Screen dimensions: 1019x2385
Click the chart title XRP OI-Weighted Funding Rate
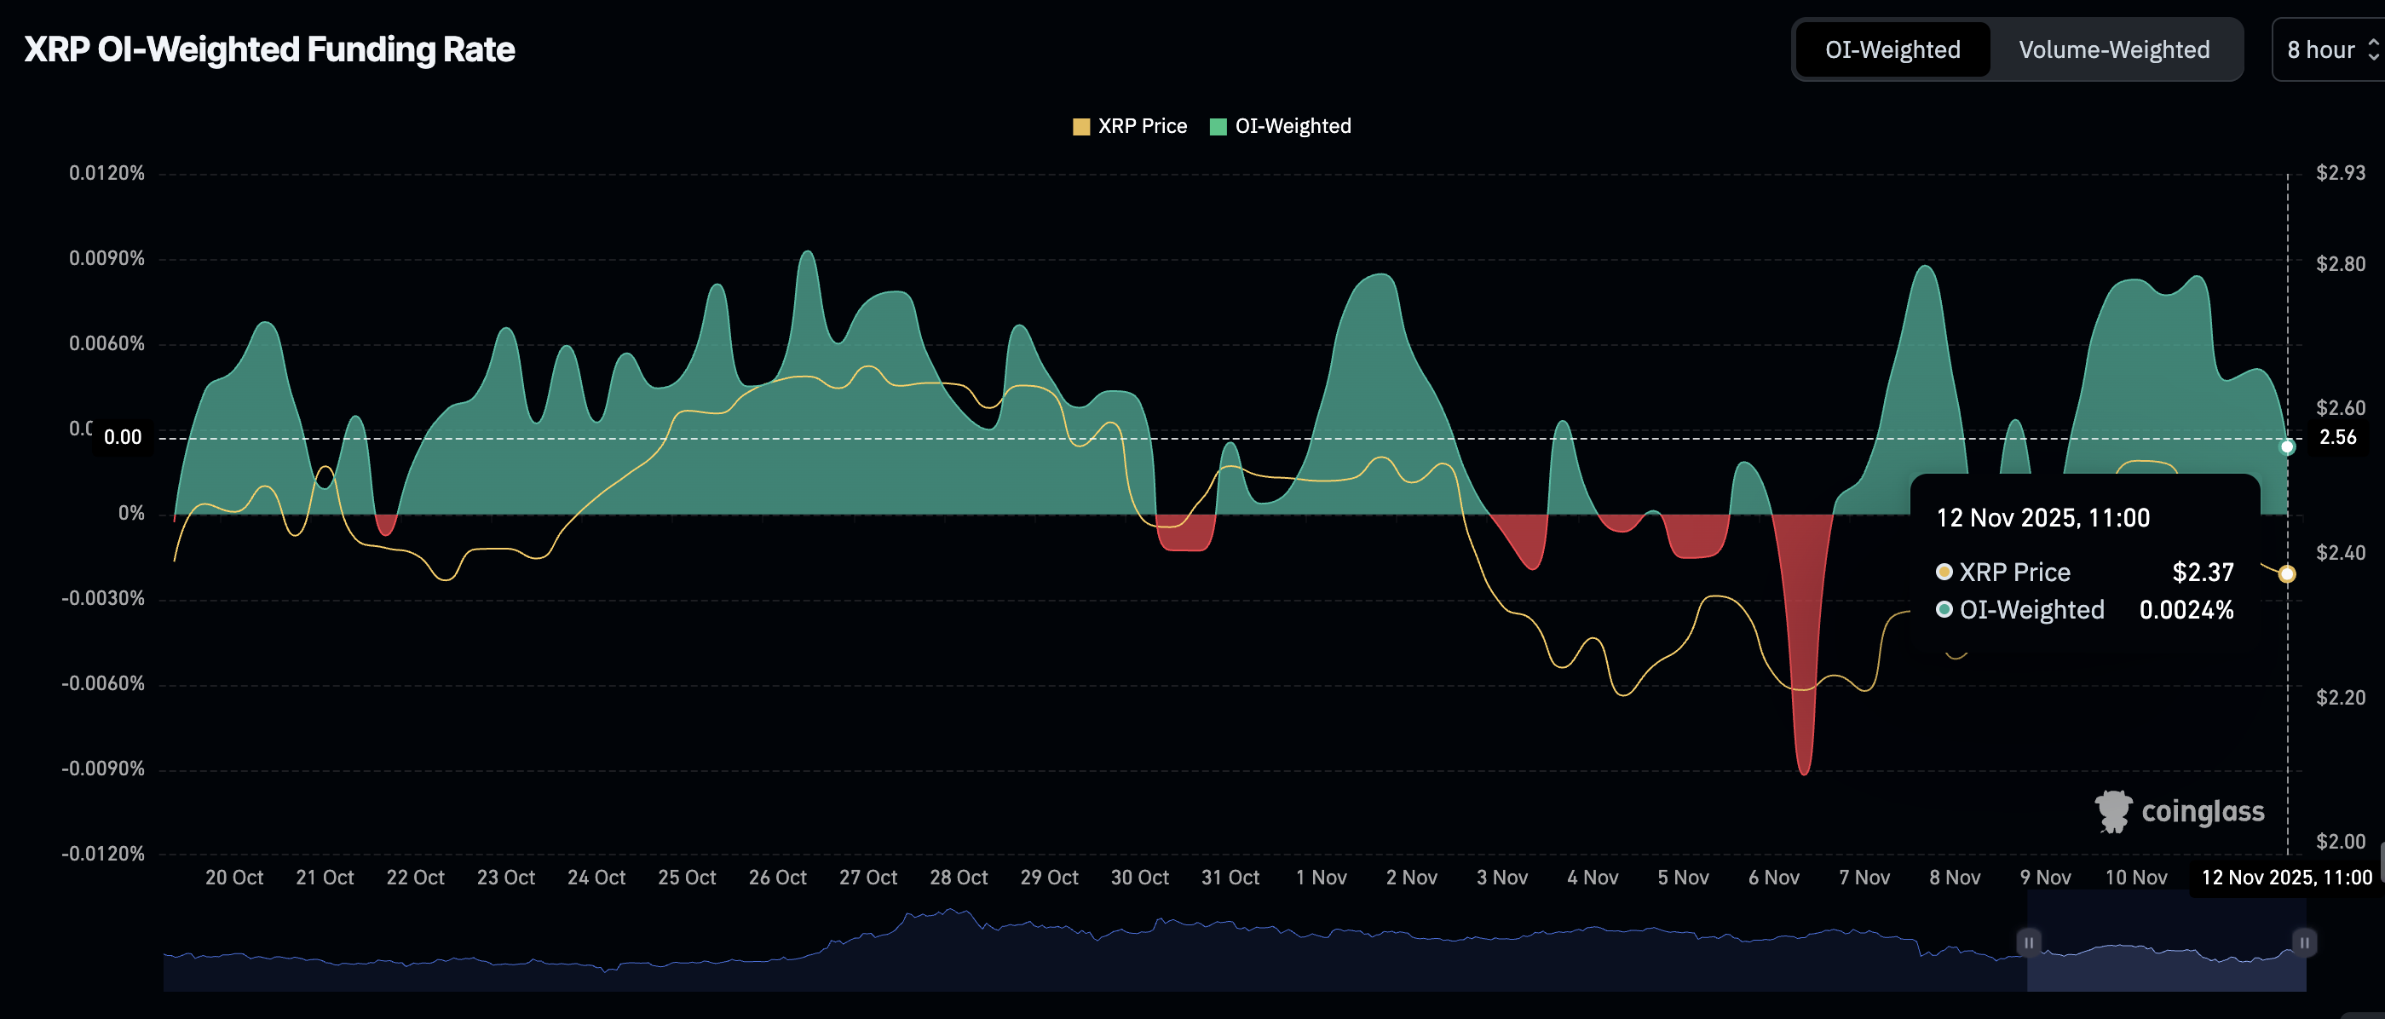268,49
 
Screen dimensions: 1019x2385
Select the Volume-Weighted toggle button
2114,50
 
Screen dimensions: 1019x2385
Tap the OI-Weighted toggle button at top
1892,50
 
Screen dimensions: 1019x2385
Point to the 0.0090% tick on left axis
107,258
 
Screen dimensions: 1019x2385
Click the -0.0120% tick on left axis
103,854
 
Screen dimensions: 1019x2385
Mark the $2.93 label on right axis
2340,173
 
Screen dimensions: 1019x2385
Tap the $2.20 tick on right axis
2340,697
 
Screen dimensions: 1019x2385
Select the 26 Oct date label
777,878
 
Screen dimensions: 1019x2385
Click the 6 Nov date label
1773,878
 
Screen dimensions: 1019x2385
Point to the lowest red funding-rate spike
1804,772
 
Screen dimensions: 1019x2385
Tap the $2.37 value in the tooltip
2203,572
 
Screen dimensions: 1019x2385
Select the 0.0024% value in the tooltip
2186,610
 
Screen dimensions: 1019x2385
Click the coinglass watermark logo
2180,812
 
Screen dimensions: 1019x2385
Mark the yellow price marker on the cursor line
2287,573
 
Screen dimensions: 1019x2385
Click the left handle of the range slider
2029,942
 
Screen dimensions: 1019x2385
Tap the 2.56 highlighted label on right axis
2336,437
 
